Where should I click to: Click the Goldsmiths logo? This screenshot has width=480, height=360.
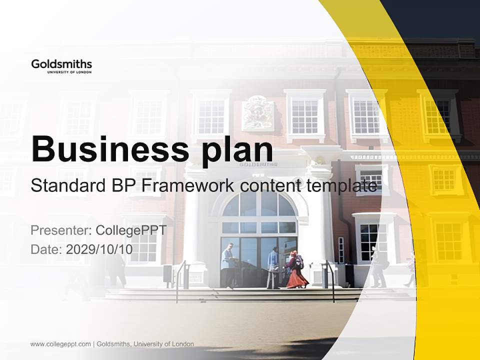pyautogui.click(x=61, y=66)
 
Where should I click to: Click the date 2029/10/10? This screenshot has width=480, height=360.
pyautogui.click(x=99, y=249)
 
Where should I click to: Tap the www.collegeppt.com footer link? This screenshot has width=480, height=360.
pyautogui.click(x=60, y=344)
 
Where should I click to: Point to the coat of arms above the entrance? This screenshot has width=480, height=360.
pyautogui.click(x=257, y=113)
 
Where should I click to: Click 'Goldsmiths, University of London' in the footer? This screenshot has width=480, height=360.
pyautogui.click(x=145, y=344)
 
